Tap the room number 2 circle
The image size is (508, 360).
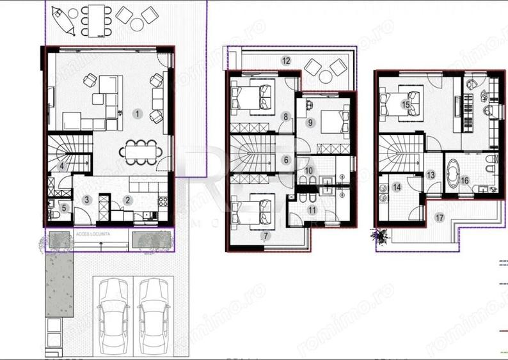click(128, 200)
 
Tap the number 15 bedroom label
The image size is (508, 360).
click(406, 104)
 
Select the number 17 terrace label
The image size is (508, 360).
click(438, 217)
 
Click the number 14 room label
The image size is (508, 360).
click(397, 187)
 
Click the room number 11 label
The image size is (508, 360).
click(312, 209)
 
